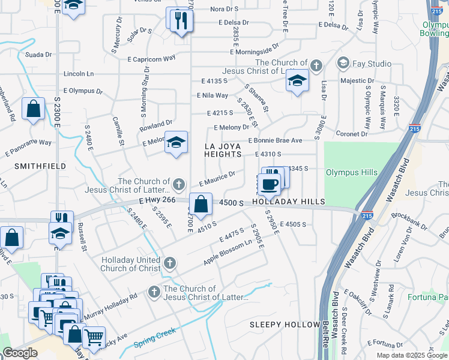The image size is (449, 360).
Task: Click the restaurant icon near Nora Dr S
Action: point(180,21)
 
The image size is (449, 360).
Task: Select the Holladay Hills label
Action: point(288,202)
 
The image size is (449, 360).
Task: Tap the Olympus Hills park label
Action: point(351,173)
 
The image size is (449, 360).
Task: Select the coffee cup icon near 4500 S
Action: point(268,184)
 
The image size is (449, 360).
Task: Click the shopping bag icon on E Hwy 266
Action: point(202,204)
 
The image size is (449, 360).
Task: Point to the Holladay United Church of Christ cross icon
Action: point(170,262)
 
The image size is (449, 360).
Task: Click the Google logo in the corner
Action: point(19,353)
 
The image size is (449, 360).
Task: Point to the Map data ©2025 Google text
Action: point(411,355)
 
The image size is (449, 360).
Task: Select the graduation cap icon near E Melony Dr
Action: point(176,143)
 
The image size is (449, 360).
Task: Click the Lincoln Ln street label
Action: point(79,74)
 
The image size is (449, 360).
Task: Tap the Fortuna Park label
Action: point(429,296)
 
